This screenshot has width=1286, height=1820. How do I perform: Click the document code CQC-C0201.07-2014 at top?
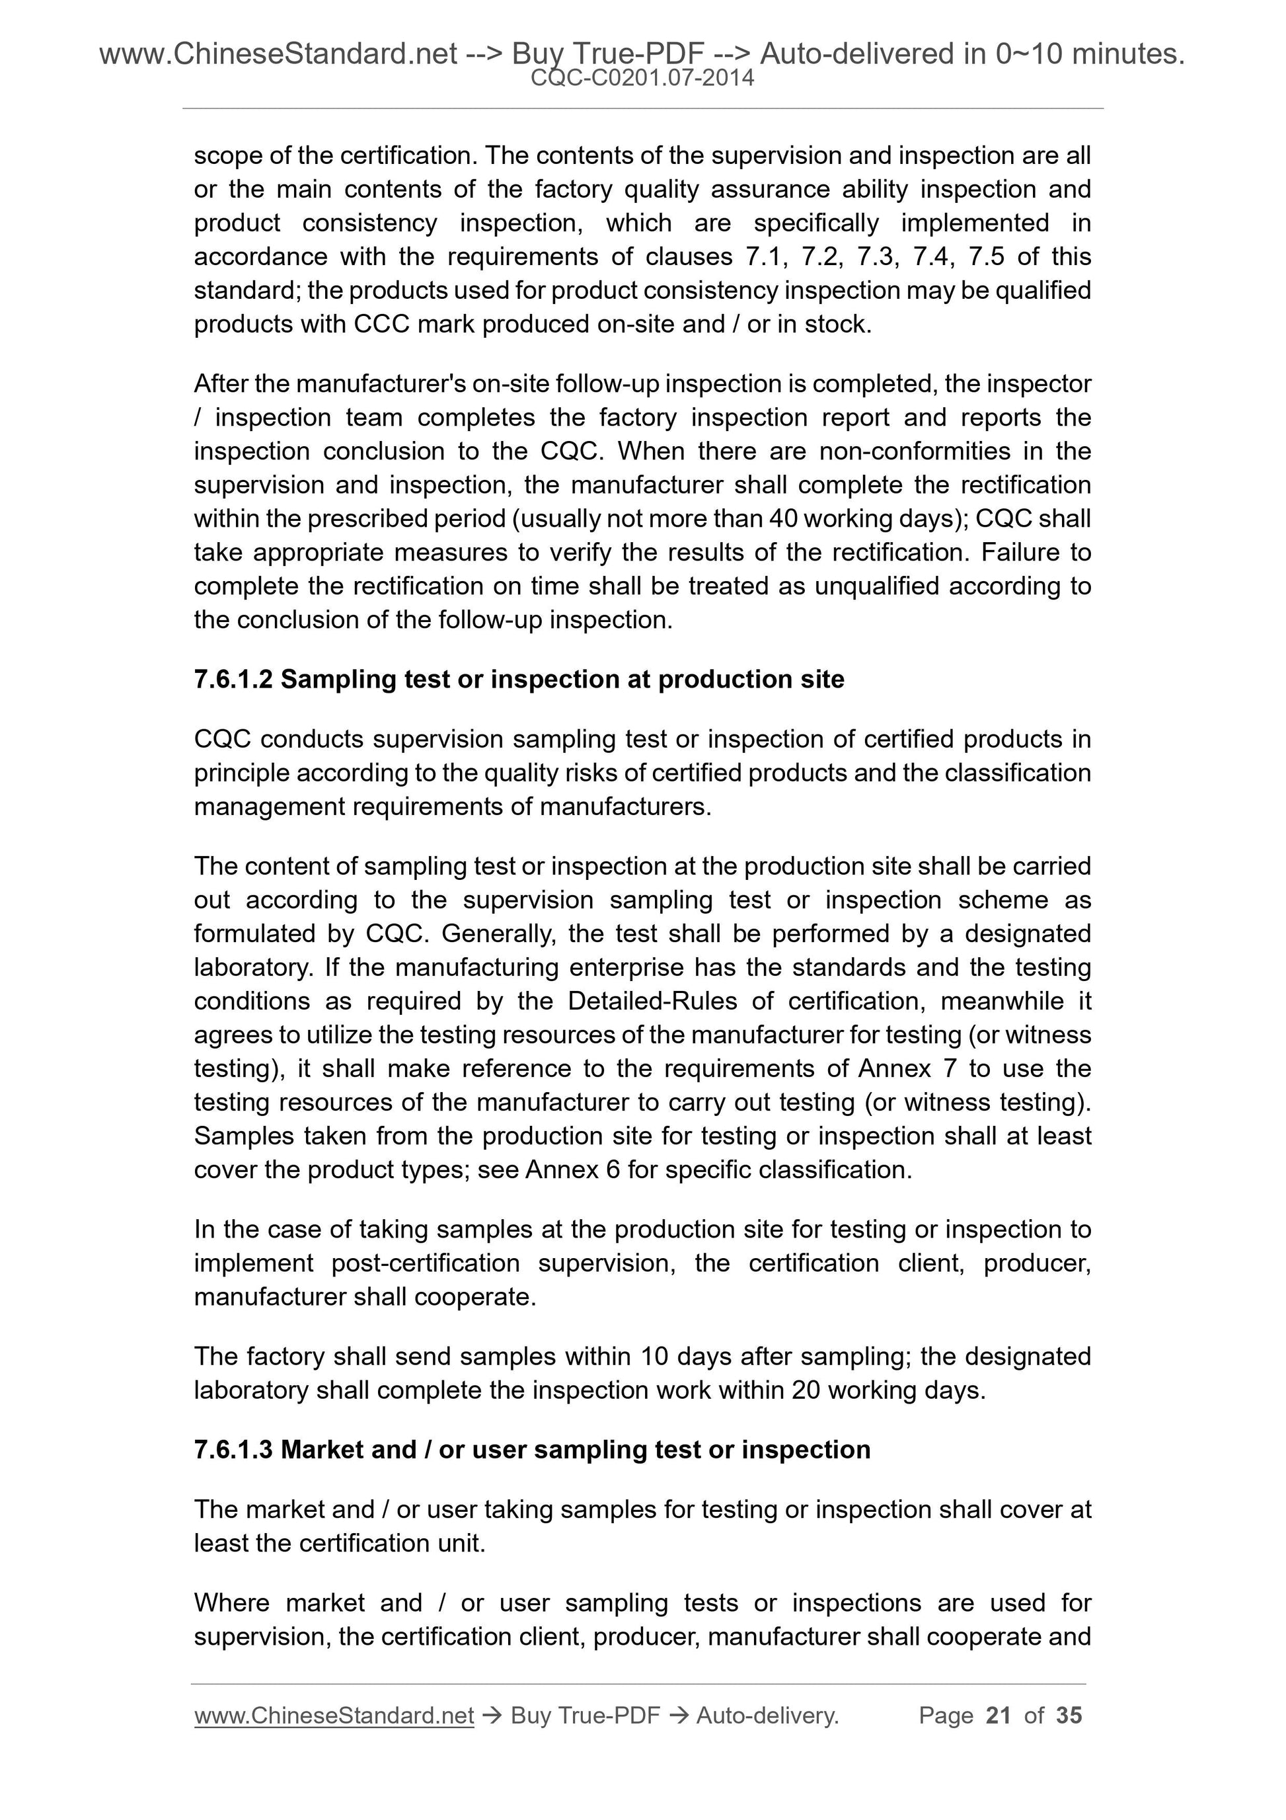(642, 78)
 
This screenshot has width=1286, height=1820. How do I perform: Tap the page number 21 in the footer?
(999, 1716)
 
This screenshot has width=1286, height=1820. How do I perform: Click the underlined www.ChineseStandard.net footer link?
(334, 1716)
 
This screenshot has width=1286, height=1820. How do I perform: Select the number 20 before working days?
(805, 1390)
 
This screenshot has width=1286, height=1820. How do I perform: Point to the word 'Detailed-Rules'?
(652, 1001)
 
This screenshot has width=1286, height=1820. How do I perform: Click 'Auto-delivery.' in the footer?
(767, 1716)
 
